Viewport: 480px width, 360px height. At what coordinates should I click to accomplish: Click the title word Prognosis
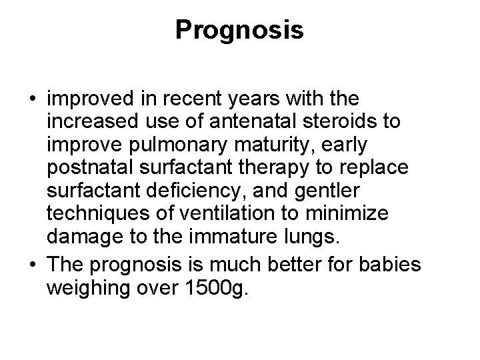[x=239, y=30]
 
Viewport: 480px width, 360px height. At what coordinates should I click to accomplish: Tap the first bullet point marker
[x=33, y=99]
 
